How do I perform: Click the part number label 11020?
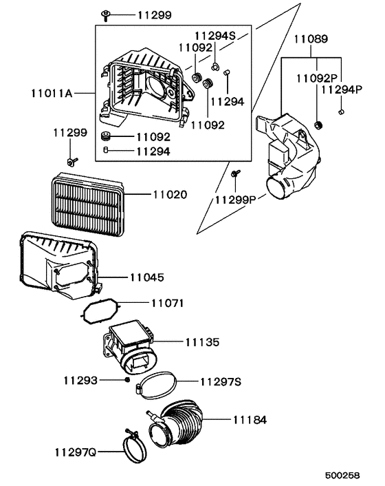click(168, 195)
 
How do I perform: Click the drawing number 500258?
click(342, 476)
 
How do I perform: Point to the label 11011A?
click(53, 92)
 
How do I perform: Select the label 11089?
click(311, 40)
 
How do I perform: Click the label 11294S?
click(214, 34)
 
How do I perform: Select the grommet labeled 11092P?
click(318, 125)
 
